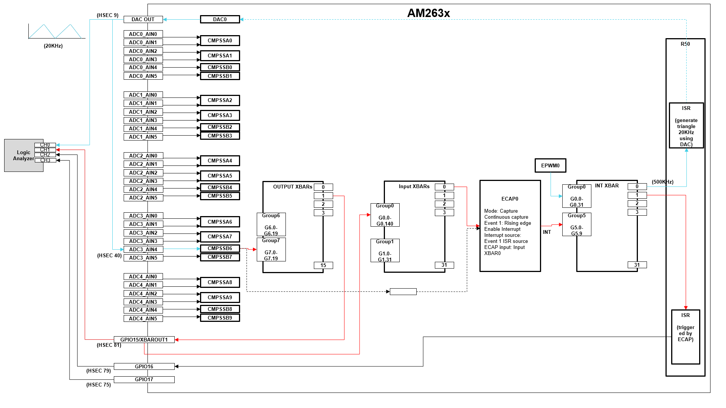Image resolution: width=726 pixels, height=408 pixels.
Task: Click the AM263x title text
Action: click(x=428, y=13)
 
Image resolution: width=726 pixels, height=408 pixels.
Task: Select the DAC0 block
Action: click(x=220, y=19)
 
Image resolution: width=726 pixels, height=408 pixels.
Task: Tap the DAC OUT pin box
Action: click(x=143, y=19)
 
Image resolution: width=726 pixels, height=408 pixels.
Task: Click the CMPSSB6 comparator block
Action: click(x=220, y=248)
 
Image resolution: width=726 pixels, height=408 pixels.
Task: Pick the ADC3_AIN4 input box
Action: click(x=143, y=249)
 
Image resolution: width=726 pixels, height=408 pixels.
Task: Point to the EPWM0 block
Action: click(x=550, y=165)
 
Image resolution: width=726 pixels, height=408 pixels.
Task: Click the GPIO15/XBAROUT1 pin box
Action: click(x=144, y=340)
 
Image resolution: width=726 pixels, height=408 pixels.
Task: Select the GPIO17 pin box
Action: click(x=144, y=379)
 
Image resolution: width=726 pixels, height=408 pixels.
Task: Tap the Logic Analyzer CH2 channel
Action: click(x=45, y=155)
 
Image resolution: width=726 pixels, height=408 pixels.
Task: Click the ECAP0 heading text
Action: click(x=510, y=199)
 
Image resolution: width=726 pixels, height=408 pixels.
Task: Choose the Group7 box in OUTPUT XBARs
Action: click(x=271, y=249)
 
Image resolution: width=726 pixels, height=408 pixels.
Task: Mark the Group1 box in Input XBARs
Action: click(x=385, y=250)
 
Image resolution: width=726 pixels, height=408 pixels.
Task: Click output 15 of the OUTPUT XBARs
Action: click(x=323, y=265)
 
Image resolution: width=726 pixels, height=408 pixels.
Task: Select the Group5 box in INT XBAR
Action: click(x=577, y=224)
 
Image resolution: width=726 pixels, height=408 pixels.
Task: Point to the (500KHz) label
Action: click(x=662, y=182)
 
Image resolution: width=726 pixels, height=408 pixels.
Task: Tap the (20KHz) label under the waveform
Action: click(x=53, y=46)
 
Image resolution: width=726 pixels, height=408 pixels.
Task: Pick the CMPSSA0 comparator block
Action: click(x=220, y=40)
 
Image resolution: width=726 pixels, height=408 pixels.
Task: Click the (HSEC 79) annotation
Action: click(x=98, y=371)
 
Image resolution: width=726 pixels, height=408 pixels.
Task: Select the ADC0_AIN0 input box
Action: click(x=143, y=34)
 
